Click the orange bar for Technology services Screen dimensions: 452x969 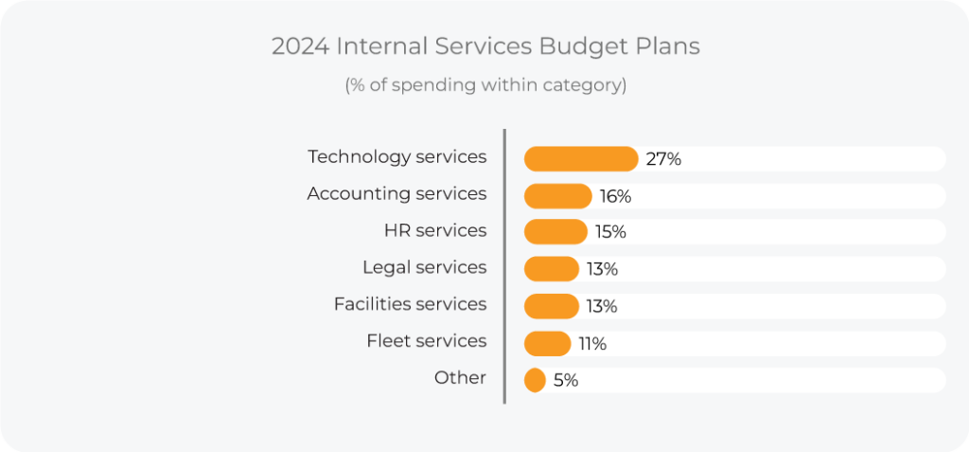580,159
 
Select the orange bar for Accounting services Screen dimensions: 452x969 557,196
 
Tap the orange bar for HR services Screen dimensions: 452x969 555,232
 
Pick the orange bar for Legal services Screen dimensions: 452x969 551,269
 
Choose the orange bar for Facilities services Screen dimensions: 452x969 551,306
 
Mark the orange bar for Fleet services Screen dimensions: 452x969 547,343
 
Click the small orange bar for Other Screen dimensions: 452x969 535,380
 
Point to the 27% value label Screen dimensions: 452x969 663,159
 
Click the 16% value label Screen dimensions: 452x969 615,196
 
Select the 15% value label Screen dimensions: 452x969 610,232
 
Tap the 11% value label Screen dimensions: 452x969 592,343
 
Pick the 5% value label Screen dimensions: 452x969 566,380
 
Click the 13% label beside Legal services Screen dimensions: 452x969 602,269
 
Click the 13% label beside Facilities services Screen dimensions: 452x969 602,306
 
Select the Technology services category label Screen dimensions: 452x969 396,157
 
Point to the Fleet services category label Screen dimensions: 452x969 426,341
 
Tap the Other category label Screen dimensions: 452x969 460,378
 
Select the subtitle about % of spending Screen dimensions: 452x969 484,85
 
